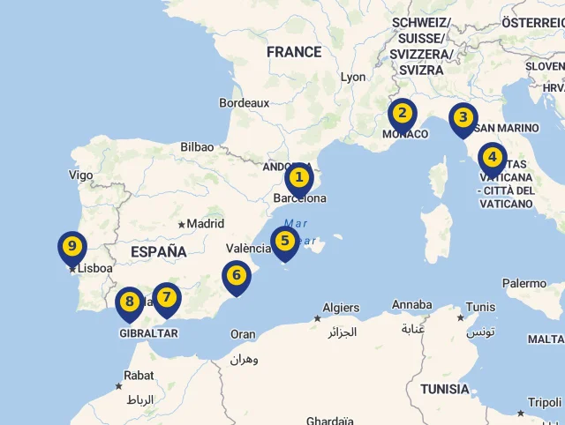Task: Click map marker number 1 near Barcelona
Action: tap(300, 179)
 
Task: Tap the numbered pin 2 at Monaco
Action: tap(403, 113)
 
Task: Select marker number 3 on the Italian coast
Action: tap(463, 117)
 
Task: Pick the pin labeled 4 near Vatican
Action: tap(493, 159)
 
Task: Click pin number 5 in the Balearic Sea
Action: tap(284, 241)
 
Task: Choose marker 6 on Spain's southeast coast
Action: tap(237, 276)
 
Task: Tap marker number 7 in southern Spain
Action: tap(166, 297)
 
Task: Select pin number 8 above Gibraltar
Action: tap(130, 302)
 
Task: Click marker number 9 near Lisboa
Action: tap(72, 247)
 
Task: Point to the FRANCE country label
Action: tap(294, 52)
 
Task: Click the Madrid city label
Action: tap(205, 224)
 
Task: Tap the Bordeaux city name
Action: tap(245, 103)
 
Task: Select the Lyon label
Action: tap(353, 77)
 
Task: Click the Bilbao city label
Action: tap(196, 147)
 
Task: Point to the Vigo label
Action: tap(80, 175)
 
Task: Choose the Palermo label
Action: tap(524, 283)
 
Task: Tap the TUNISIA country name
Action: tap(445, 389)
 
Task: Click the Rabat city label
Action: tap(139, 376)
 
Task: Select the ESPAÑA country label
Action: tap(159, 252)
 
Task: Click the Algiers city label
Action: tap(341, 308)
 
